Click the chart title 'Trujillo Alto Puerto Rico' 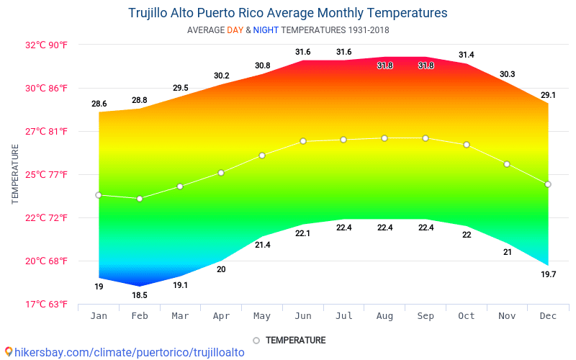click(x=287, y=13)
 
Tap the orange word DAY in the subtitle click(x=235, y=30)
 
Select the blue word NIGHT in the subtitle click(x=265, y=30)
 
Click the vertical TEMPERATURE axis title click(x=15, y=174)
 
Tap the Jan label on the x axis click(x=99, y=316)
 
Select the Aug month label click(x=385, y=316)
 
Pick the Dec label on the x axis click(x=548, y=316)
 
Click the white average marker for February click(x=140, y=199)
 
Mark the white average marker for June click(x=303, y=141)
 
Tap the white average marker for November click(x=507, y=164)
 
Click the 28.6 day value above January click(x=99, y=104)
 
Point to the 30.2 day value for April click(x=222, y=76)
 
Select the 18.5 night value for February click(x=140, y=295)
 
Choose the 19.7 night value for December click(x=548, y=274)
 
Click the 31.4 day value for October click(x=467, y=55)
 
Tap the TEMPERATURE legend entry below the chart click(x=295, y=341)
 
